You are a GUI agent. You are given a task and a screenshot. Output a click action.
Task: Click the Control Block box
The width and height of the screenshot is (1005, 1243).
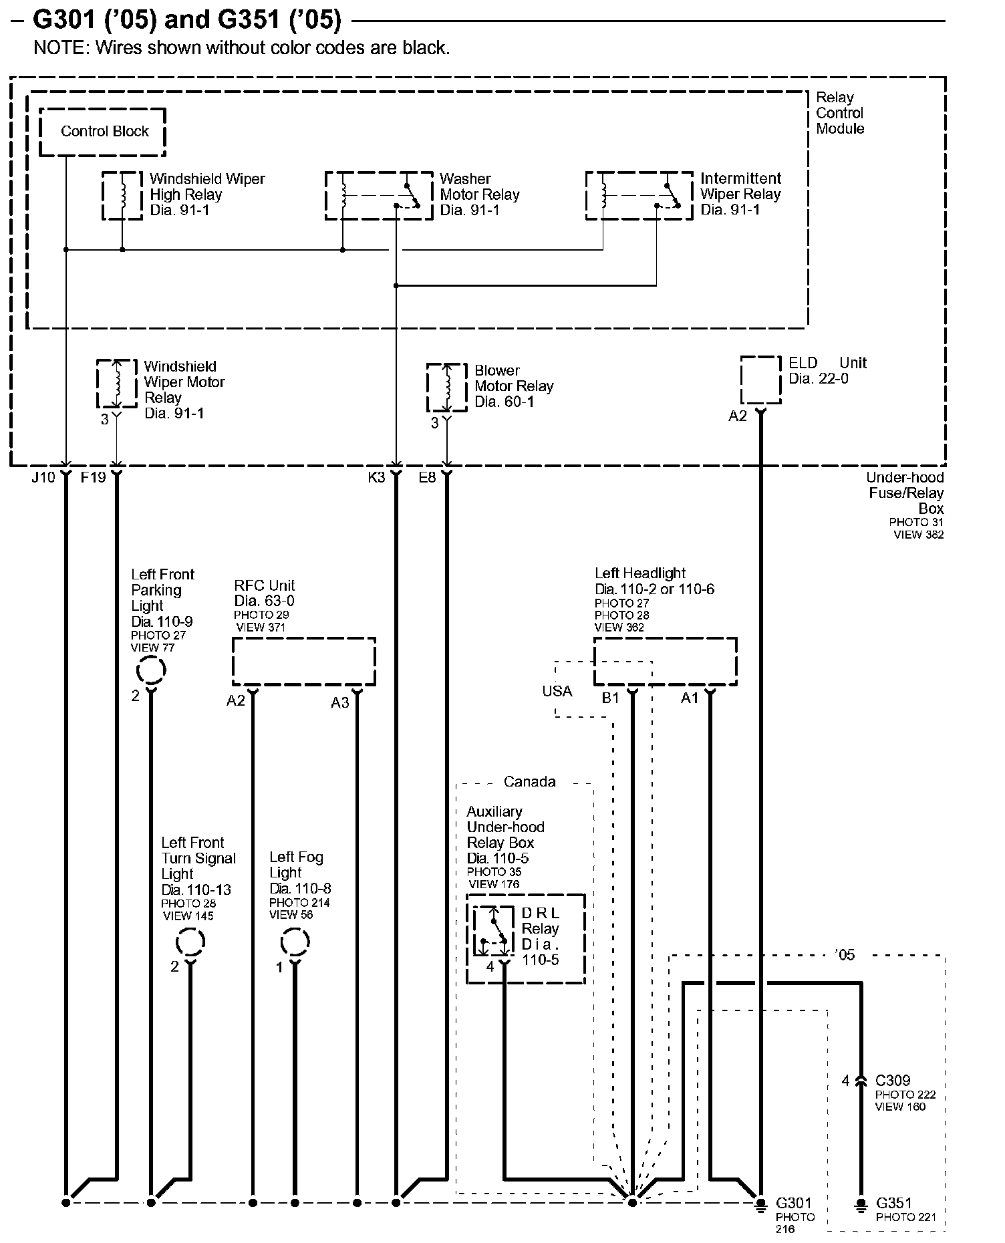click(102, 132)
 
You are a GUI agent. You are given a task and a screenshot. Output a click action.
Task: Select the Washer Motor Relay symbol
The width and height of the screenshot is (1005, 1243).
click(379, 195)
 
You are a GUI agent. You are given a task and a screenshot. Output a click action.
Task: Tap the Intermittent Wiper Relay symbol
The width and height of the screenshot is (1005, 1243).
click(639, 195)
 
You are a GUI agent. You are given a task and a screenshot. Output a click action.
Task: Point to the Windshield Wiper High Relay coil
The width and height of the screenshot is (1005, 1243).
click(122, 195)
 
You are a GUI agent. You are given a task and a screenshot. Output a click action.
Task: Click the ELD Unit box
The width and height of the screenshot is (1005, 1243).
click(760, 380)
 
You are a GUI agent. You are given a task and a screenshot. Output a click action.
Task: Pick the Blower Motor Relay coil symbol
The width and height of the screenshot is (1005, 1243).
click(447, 388)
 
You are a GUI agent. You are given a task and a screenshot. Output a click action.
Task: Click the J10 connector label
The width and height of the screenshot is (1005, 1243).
click(43, 477)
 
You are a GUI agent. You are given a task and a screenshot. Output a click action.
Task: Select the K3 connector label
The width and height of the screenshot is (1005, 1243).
click(376, 477)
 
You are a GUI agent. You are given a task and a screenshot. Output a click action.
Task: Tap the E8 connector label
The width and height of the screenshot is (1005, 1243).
click(427, 477)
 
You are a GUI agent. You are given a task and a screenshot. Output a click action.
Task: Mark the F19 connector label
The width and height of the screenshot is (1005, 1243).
click(93, 477)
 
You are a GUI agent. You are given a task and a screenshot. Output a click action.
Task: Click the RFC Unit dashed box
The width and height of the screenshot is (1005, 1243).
click(303, 661)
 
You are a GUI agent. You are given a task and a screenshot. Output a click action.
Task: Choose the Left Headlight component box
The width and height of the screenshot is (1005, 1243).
click(666, 661)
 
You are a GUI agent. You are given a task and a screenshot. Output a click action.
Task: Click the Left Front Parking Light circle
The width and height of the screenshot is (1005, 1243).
click(151, 670)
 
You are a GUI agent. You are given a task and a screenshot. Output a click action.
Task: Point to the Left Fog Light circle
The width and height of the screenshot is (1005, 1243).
click(295, 943)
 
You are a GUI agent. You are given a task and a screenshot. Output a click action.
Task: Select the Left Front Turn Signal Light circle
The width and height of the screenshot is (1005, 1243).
click(190, 943)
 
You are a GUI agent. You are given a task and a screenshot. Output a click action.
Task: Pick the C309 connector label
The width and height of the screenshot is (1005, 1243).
click(892, 1081)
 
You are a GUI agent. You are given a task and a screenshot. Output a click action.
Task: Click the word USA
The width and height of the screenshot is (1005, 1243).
click(557, 691)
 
